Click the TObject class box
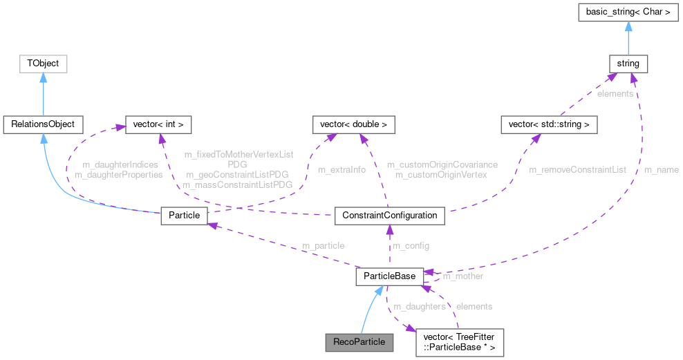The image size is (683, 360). [43, 64]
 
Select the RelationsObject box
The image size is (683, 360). [43, 124]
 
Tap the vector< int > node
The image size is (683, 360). [157, 124]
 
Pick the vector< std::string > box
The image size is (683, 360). [549, 124]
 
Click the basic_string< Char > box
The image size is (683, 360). [628, 12]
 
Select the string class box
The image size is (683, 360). [628, 64]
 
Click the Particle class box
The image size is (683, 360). [184, 215]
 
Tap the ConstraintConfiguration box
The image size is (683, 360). [389, 215]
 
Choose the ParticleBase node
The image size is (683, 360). [389, 276]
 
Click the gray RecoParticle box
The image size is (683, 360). [358, 341]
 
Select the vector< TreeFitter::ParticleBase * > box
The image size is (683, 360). [459, 341]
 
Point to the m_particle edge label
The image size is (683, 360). [323, 246]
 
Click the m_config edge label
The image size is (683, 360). [411, 246]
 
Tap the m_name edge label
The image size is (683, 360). [661, 169]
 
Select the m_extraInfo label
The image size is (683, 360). [341, 169]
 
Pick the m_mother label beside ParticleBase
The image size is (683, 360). [462, 276]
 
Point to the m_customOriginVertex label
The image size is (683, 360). [441, 175]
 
